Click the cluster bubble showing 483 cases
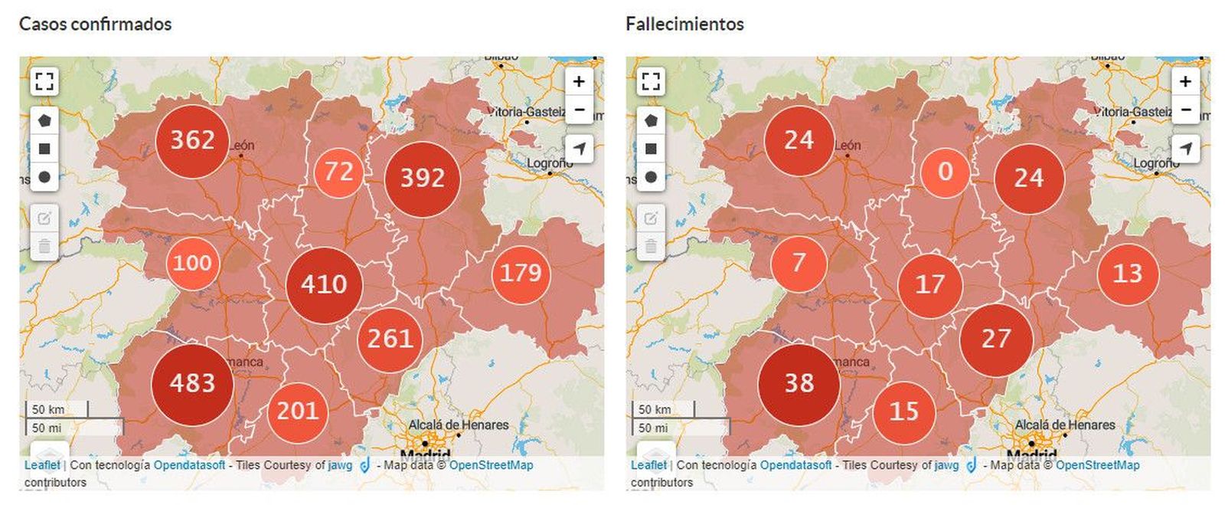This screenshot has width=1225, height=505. (192, 384)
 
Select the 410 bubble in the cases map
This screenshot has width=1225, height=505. (324, 284)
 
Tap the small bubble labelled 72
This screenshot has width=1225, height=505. (338, 172)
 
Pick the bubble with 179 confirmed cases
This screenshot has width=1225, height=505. (521, 273)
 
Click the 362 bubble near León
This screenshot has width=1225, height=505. (192, 141)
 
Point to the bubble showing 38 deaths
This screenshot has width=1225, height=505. (799, 384)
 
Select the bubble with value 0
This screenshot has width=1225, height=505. (946, 172)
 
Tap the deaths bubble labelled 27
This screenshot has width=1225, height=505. (996, 339)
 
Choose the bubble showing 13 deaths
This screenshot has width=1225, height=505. (1127, 273)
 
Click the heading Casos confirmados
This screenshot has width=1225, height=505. (95, 24)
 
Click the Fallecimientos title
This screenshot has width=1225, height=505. (684, 24)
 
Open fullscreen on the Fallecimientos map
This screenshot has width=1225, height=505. (651, 81)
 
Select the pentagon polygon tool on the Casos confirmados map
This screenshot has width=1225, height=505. (44, 120)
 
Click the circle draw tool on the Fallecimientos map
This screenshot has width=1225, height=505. (651, 177)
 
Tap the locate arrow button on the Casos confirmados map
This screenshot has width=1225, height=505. (580, 148)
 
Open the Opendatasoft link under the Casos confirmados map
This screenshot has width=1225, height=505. (189, 465)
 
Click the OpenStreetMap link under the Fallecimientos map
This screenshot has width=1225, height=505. (1097, 465)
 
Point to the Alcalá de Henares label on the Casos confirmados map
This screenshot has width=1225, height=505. (459, 425)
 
